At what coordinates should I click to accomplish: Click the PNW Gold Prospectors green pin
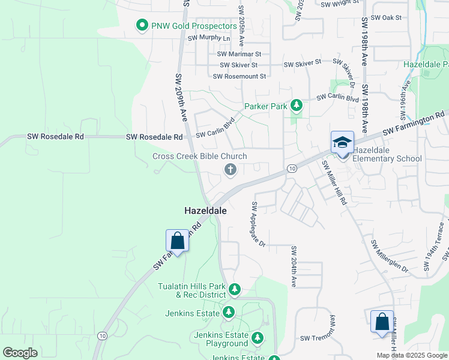point(142,26)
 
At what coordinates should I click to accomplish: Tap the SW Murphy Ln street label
point(209,38)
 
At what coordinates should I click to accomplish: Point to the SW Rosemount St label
point(240,76)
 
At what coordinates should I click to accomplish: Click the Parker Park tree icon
point(296,106)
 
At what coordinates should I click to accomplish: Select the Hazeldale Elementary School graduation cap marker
point(342,143)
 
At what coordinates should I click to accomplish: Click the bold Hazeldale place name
point(205,211)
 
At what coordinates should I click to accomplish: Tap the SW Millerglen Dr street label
point(389,257)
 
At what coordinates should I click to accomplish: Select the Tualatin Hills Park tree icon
point(235,290)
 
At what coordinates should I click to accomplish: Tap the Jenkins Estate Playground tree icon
point(258,338)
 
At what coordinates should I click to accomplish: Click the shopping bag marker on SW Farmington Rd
point(177,241)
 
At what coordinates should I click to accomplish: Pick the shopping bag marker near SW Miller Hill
point(382,322)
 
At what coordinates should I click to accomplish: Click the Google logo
point(20,353)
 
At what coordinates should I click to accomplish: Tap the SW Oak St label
point(385,18)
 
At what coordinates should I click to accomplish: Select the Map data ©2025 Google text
point(411,355)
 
